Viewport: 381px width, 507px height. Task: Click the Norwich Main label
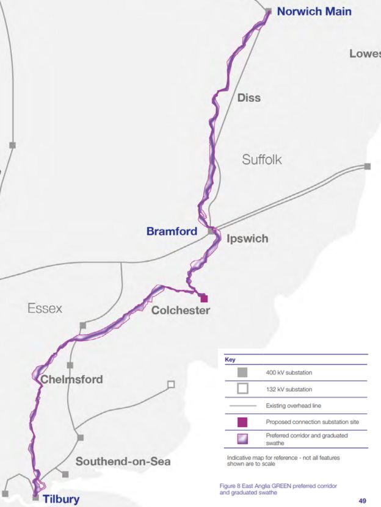(x=314, y=11)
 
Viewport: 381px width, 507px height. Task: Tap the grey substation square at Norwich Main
(x=268, y=10)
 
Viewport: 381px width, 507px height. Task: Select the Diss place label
(x=249, y=98)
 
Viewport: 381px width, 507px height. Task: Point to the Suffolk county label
(x=261, y=160)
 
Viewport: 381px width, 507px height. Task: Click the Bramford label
(x=172, y=231)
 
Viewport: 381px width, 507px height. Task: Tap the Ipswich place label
(x=247, y=239)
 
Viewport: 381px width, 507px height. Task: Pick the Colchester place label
(x=181, y=311)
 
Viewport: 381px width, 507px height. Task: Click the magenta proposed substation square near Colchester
(x=204, y=298)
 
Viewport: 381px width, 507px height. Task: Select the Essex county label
(x=45, y=309)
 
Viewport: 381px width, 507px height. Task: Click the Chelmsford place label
(x=71, y=379)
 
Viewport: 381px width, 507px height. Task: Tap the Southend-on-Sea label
(x=123, y=461)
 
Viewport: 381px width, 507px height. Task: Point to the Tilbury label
(x=61, y=500)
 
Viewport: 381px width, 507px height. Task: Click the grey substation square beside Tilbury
(x=35, y=498)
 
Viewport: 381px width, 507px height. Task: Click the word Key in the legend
(x=230, y=360)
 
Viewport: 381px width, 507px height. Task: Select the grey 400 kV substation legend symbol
(x=242, y=372)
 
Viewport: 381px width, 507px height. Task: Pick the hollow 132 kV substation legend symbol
(x=242, y=389)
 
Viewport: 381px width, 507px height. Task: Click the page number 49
(x=363, y=500)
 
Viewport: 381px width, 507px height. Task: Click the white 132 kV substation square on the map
(x=171, y=384)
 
